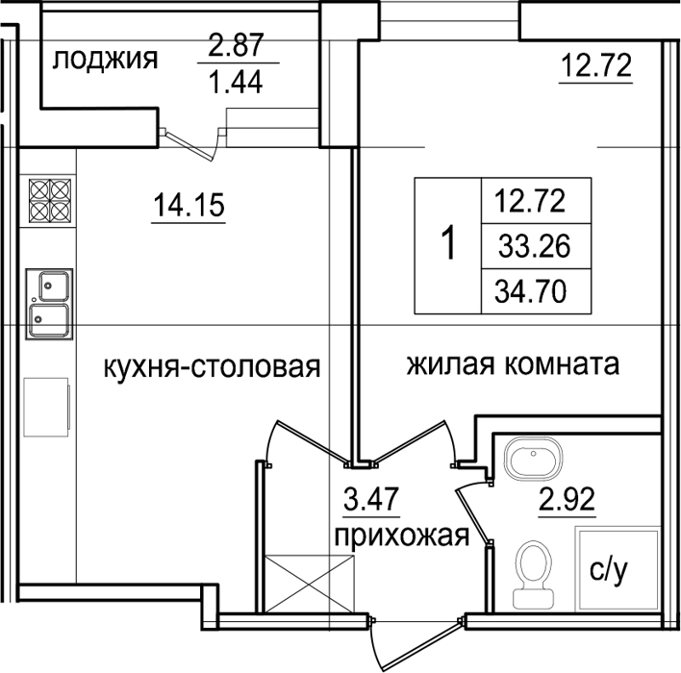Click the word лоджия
click(105, 60)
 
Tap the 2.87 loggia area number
click(236, 45)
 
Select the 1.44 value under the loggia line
click(236, 83)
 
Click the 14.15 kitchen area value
click(189, 205)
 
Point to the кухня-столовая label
click(212, 367)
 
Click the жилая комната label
click(513, 364)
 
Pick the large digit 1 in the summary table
click(449, 243)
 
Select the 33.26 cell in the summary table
click(534, 246)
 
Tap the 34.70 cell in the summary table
click(530, 291)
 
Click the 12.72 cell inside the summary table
click(530, 201)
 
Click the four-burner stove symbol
click(50, 201)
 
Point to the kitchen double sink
click(49, 304)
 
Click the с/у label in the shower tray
click(609, 571)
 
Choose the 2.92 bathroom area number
click(567, 499)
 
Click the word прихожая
click(402, 536)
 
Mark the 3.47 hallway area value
click(371, 499)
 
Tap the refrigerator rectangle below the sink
click(46, 408)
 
